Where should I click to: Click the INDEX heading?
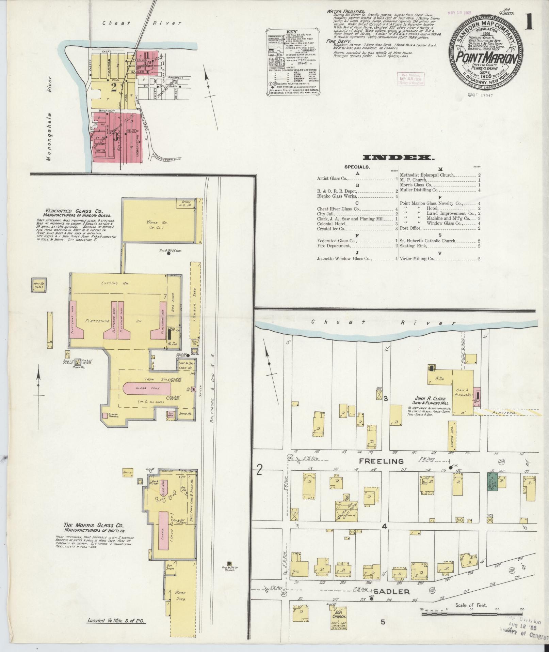point(399,157)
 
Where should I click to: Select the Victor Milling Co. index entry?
point(418,259)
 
